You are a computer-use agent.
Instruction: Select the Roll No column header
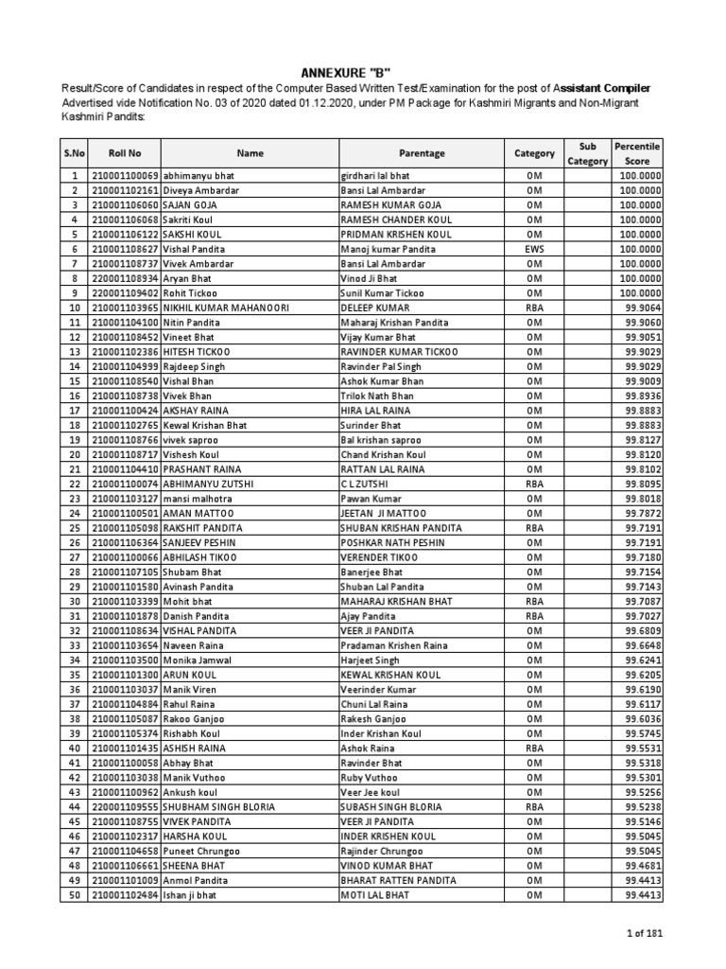(x=125, y=153)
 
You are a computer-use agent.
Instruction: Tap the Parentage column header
(x=422, y=153)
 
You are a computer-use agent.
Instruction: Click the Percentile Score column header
(x=637, y=153)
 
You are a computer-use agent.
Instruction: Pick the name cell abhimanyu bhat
(x=199, y=177)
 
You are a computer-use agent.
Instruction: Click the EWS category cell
(x=535, y=250)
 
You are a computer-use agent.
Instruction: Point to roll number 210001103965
(x=125, y=308)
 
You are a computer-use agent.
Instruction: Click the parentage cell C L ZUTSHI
(x=363, y=484)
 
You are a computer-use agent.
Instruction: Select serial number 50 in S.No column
(x=73, y=894)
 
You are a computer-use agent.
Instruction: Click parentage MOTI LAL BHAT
(x=375, y=894)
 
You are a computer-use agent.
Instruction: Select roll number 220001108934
(x=125, y=279)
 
